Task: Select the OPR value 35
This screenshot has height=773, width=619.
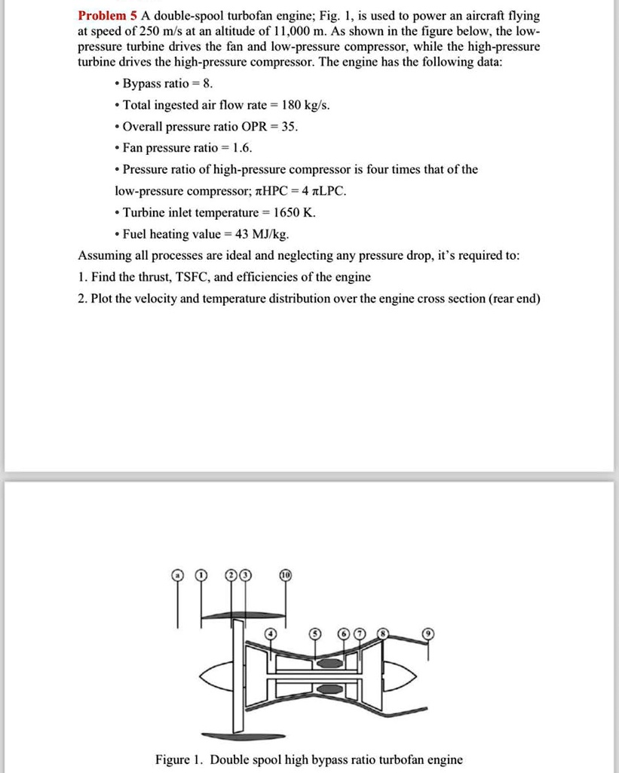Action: (x=289, y=126)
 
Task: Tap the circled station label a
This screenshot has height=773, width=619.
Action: (x=178, y=575)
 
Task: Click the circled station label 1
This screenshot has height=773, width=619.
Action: (x=200, y=575)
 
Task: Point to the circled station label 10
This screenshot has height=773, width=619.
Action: (x=286, y=575)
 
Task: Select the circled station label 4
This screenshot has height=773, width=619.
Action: (x=274, y=632)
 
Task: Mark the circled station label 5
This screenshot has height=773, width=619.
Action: (x=316, y=632)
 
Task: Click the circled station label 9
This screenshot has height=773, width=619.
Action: (x=428, y=633)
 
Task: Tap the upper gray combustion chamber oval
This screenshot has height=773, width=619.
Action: (x=328, y=663)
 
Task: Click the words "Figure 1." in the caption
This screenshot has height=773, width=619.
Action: (x=179, y=759)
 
